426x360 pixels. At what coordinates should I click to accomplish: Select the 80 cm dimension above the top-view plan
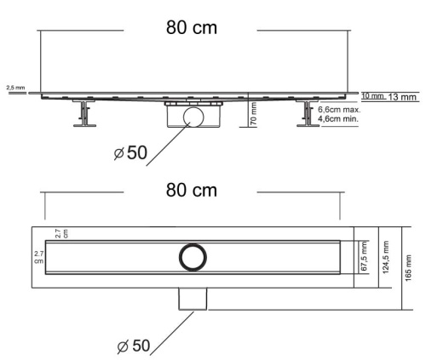pos(191,191)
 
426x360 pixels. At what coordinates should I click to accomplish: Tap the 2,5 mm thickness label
pos(15,88)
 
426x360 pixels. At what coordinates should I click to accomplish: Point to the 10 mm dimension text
pos(371,94)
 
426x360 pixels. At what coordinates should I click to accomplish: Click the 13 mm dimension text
pos(403,97)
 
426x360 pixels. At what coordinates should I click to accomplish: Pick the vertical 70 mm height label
pos(254,111)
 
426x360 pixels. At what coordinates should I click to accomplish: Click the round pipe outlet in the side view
pos(193,116)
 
